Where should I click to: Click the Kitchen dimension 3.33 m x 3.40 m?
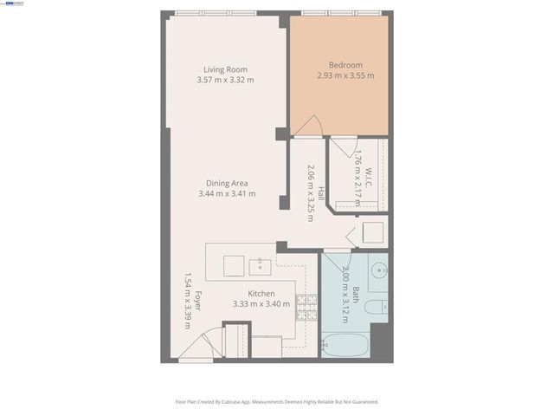pos(261,304)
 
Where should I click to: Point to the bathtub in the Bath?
pos(345,345)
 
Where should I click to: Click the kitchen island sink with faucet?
pos(260,264)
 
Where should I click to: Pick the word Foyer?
pos(197,301)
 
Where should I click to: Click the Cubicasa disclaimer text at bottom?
pos(277,401)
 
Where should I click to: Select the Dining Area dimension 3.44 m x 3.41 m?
pos(227,193)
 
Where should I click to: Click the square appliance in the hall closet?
pos(372,233)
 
